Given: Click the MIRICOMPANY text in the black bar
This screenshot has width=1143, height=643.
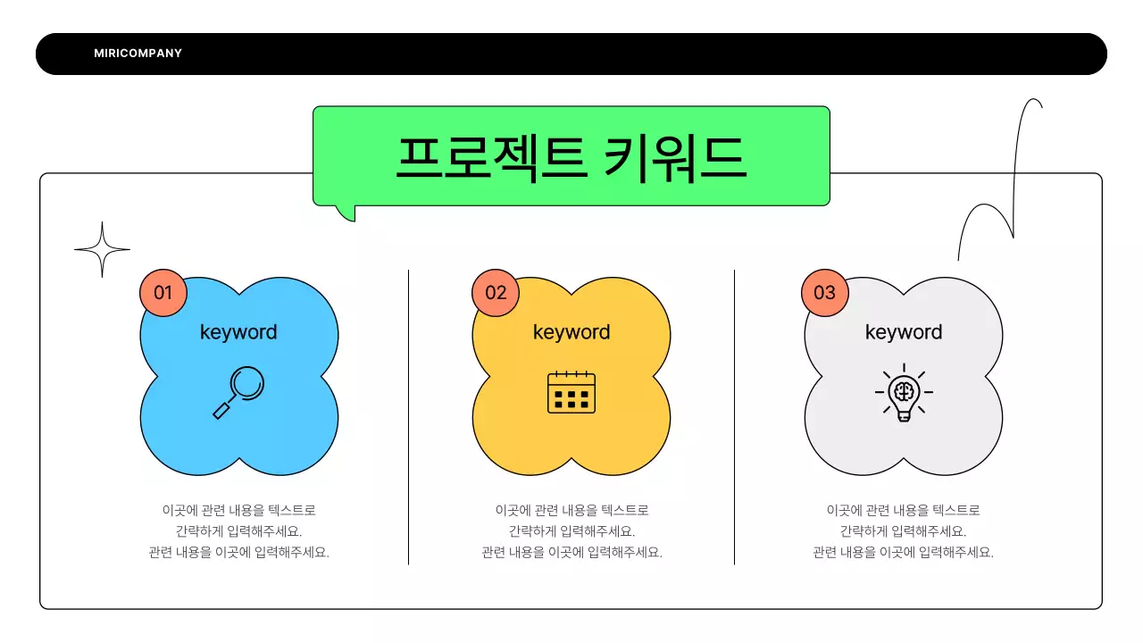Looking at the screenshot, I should point(138,54).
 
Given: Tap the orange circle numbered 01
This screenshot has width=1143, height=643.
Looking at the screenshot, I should point(163,293).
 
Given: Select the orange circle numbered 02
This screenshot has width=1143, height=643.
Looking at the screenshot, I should point(496,293).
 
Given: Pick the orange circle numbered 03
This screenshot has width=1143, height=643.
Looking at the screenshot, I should point(824,293).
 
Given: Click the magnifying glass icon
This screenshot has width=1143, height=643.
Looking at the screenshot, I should point(239,393).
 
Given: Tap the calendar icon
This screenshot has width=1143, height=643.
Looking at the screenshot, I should point(571,393).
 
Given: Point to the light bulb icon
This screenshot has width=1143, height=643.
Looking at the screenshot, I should point(904,393).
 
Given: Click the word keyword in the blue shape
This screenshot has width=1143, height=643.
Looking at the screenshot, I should point(238,332).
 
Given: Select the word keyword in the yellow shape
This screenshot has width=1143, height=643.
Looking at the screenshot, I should point(571,332).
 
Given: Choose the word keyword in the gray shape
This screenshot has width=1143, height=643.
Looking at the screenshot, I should point(904,332).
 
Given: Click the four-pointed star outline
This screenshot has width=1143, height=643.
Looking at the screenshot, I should point(102,249).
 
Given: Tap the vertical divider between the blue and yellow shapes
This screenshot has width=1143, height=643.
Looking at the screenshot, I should point(409,416).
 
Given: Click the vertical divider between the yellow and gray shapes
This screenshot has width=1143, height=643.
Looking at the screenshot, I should point(735,416).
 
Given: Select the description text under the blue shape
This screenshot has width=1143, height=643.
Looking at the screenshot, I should point(239,531).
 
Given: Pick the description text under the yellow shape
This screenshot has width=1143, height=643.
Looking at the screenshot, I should point(571,531).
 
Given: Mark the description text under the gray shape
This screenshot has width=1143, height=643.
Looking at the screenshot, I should point(904,531).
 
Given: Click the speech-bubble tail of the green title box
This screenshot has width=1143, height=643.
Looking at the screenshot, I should point(347,213).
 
